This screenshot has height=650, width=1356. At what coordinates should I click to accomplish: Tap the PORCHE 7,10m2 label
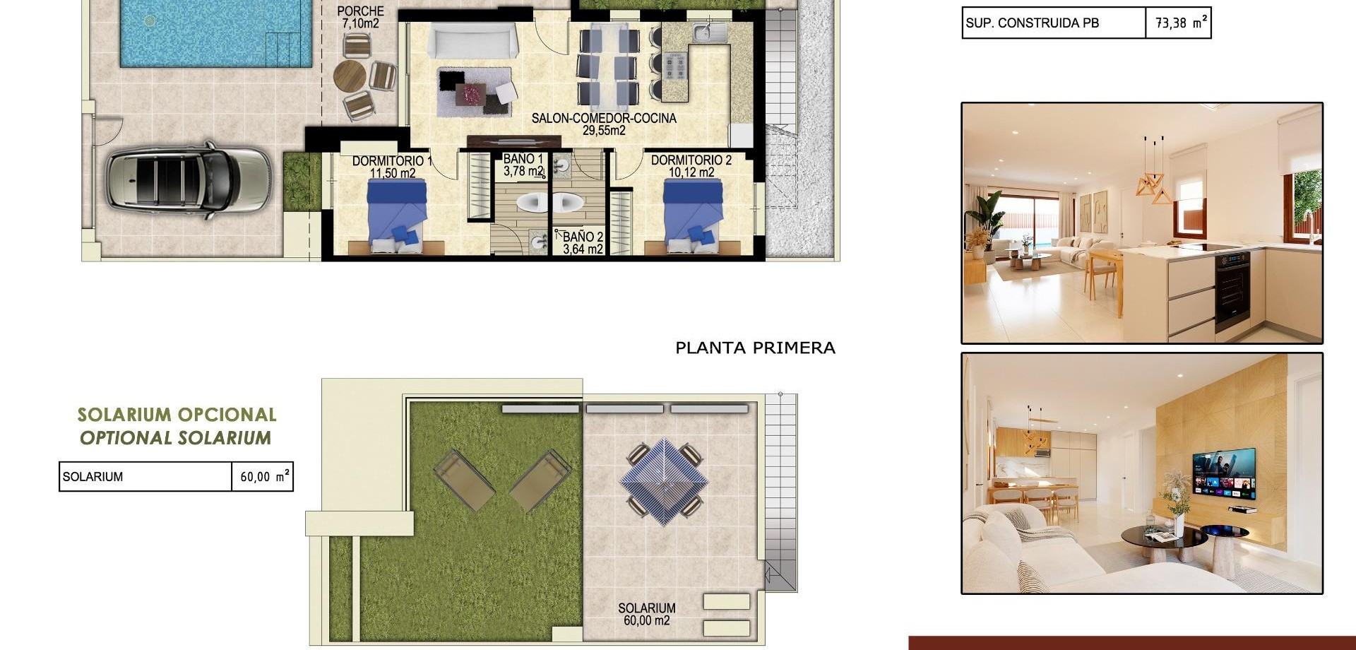click(x=360, y=18)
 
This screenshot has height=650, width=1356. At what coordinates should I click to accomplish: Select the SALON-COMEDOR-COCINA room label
click(x=604, y=124)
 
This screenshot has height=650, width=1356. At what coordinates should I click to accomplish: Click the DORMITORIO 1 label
click(x=392, y=167)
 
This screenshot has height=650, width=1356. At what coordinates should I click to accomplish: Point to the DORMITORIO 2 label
click(x=691, y=166)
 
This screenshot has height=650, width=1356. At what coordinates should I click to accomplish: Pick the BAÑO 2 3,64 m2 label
click(x=583, y=243)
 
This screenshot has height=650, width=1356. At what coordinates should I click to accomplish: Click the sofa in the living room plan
click(x=472, y=40)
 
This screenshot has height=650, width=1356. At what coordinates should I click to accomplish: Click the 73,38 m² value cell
click(x=1178, y=23)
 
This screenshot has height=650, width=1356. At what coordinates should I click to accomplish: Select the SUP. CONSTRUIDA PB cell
click(x=1052, y=23)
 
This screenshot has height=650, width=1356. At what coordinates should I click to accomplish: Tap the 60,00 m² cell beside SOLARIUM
click(x=262, y=477)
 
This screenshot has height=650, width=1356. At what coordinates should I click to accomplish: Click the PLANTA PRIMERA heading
click(x=755, y=348)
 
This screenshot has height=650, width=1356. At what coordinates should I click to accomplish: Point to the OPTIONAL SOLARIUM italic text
click(x=175, y=438)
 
